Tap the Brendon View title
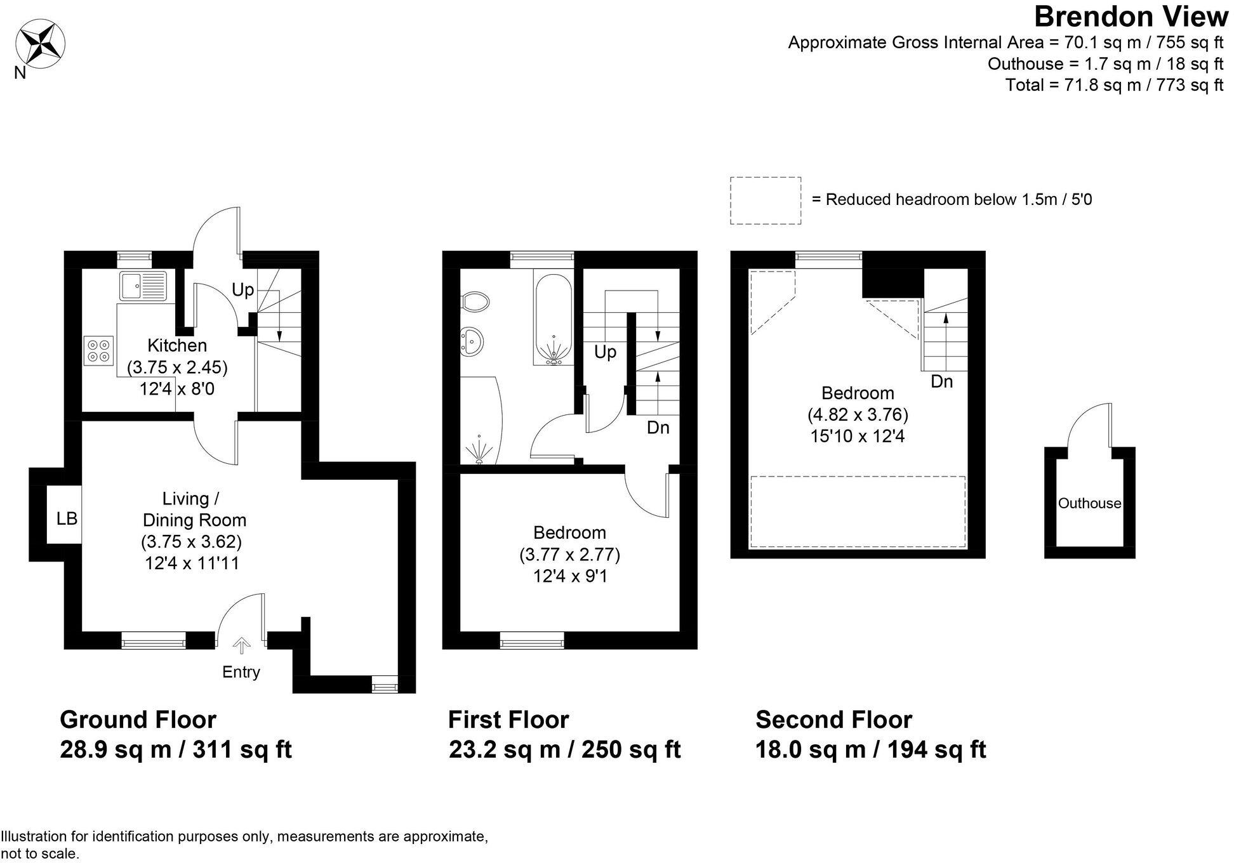pos(1131,17)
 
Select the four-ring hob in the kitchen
pos(98,350)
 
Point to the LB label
pos(67,519)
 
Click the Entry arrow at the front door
pos(241,646)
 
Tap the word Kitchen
pos(177,346)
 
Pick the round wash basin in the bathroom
pos(472,343)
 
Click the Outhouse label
pos(1089,503)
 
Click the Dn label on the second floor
pos(942,381)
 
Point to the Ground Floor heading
pos(138,720)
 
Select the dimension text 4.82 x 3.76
pos(858,415)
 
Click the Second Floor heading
pos(833,720)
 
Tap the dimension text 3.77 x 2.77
pos(569,555)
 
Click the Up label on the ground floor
pos(242,291)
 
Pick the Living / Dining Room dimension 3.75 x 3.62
pos(191,542)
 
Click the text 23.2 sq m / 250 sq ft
pos(564,749)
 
